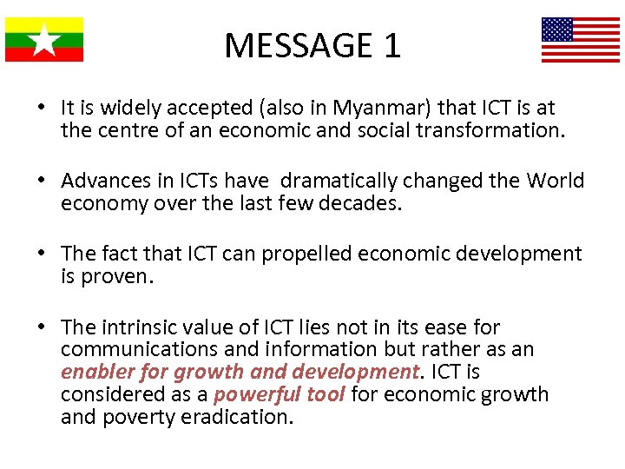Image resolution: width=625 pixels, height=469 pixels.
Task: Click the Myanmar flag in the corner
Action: point(44,39)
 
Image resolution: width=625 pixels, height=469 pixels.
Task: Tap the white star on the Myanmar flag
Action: point(44,40)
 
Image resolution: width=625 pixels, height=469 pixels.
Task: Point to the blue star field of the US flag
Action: point(557,30)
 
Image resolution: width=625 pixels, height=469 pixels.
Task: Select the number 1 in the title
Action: point(391,45)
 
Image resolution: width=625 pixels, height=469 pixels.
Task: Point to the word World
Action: point(555,181)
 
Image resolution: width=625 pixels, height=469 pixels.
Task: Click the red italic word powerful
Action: point(247,395)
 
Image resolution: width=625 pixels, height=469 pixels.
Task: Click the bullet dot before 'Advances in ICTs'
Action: point(41,181)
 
